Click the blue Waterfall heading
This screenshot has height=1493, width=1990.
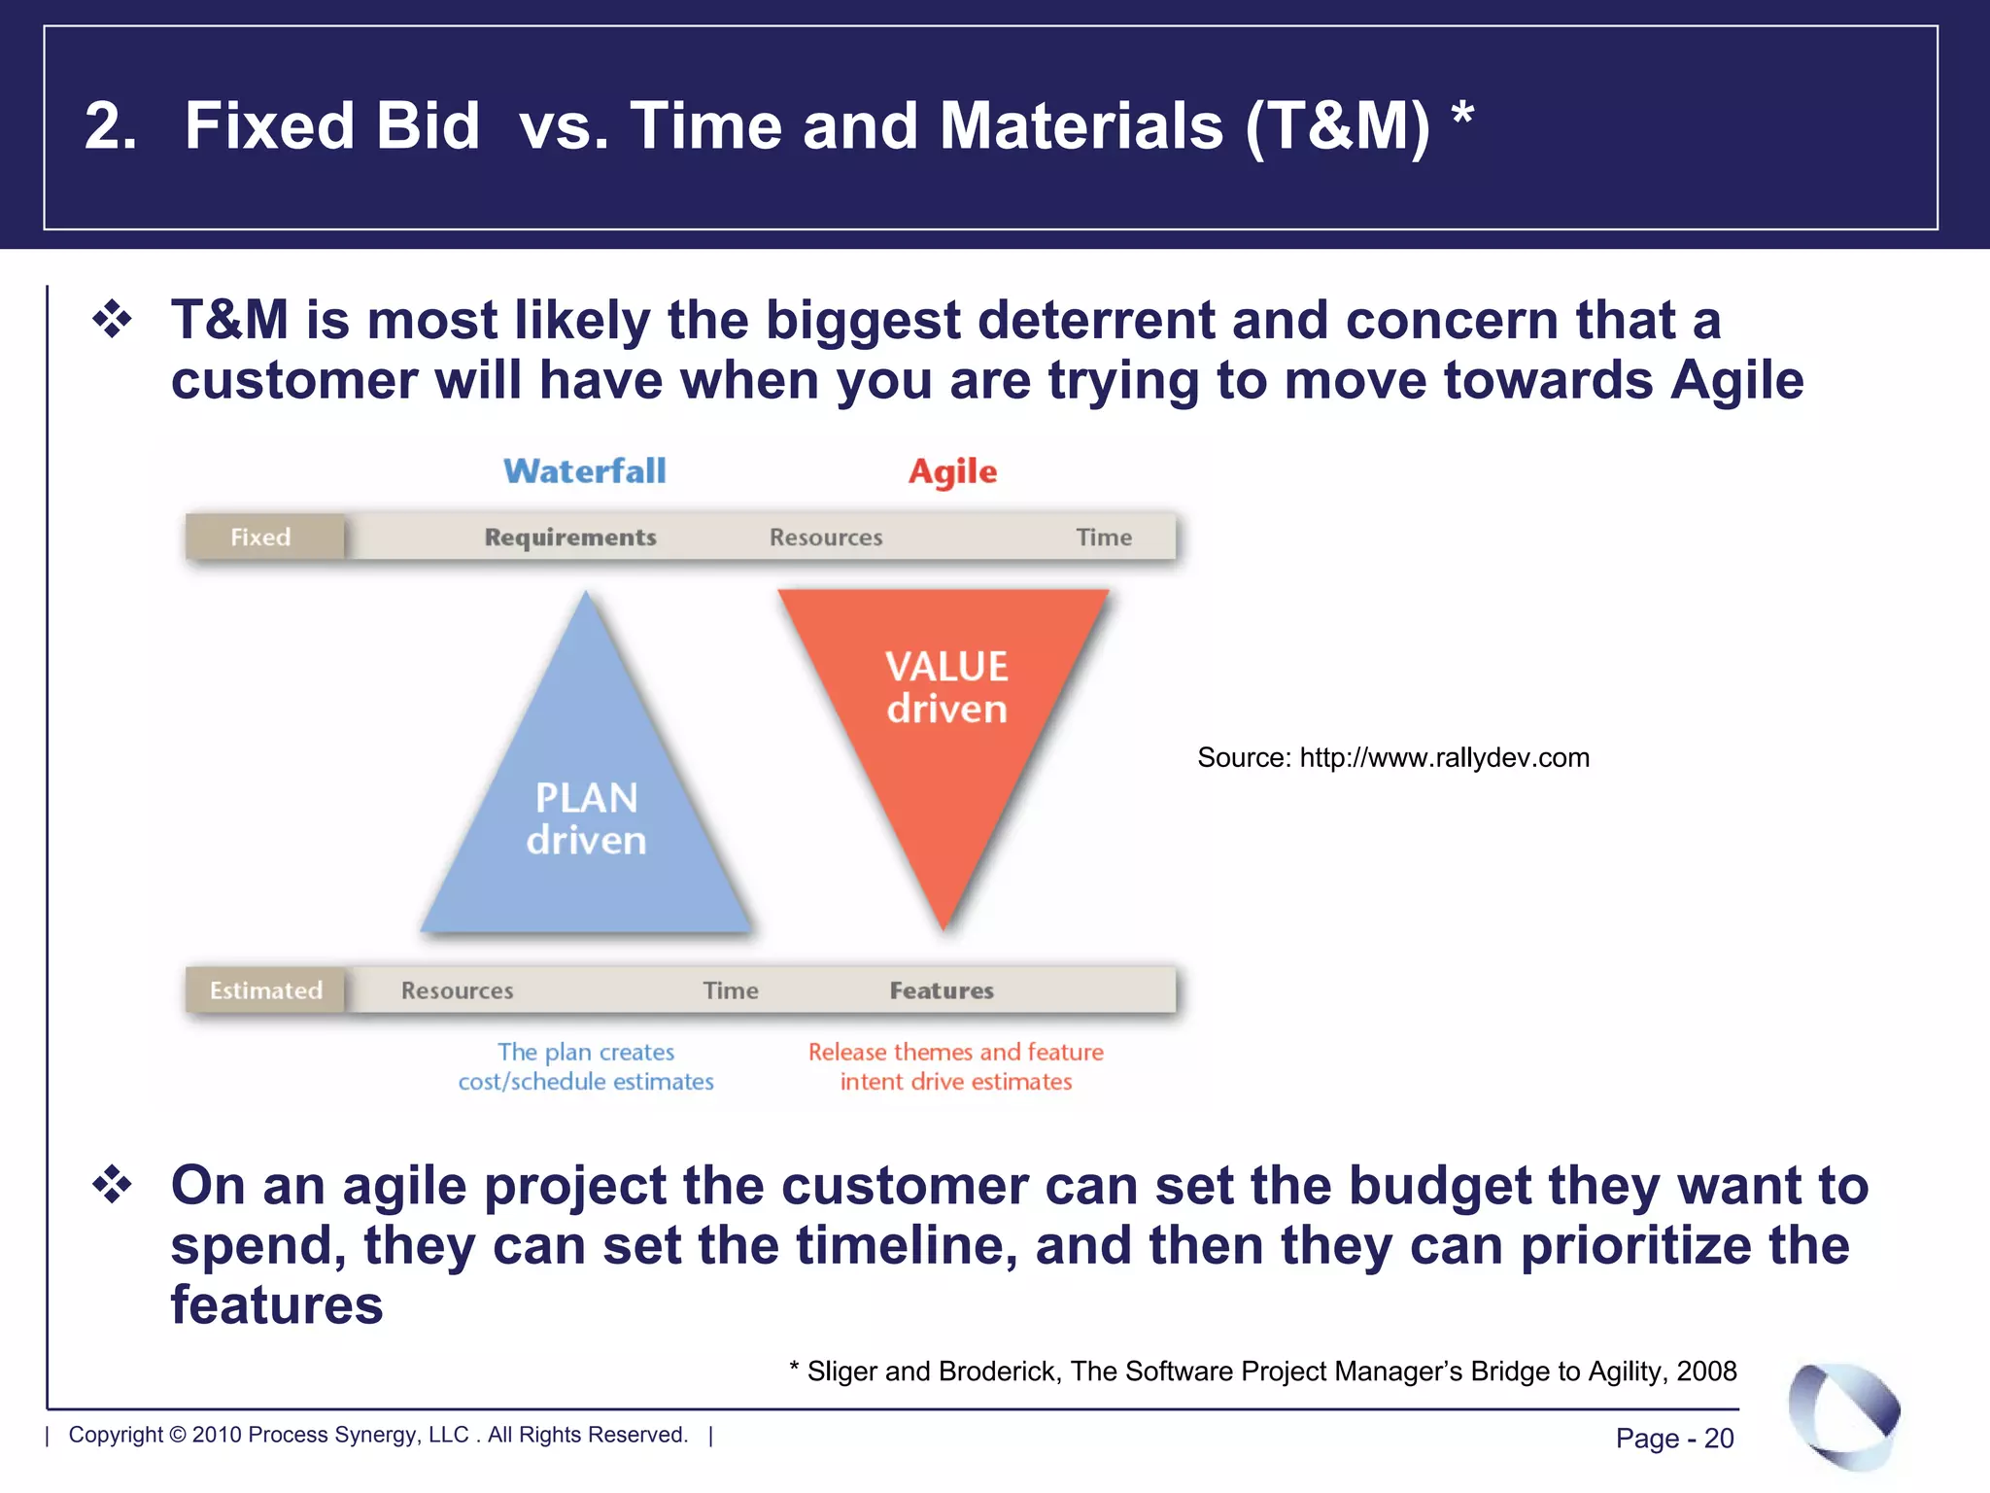coord(584,471)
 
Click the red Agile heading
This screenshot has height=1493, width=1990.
coord(952,472)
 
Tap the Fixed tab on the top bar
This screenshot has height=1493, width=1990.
coord(260,538)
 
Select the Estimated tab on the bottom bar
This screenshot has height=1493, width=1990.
coord(265,990)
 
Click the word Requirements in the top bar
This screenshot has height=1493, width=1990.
coord(570,538)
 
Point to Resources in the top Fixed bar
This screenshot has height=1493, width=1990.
coord(826,538)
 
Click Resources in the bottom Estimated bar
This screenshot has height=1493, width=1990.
coord(457,990)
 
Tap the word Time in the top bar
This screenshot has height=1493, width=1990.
coord(1104,538)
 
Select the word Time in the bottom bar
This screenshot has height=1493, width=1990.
coord(731,990)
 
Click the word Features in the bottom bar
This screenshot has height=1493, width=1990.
coord(942,990)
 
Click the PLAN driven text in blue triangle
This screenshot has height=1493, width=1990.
coord(586,818)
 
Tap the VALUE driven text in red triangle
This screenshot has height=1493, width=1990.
coord(946,687)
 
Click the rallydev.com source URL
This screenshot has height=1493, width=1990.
coord(1444,757)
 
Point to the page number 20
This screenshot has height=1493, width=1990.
coord(1718,1438)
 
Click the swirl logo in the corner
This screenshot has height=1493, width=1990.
coord(1843,1415)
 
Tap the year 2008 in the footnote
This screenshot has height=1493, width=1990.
coord(1706,1371)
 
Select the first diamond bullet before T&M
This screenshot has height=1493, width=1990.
coord(113,320)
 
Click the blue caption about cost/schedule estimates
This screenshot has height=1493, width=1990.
coord(586,1066)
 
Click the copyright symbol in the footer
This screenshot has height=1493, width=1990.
coord(177,1435)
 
